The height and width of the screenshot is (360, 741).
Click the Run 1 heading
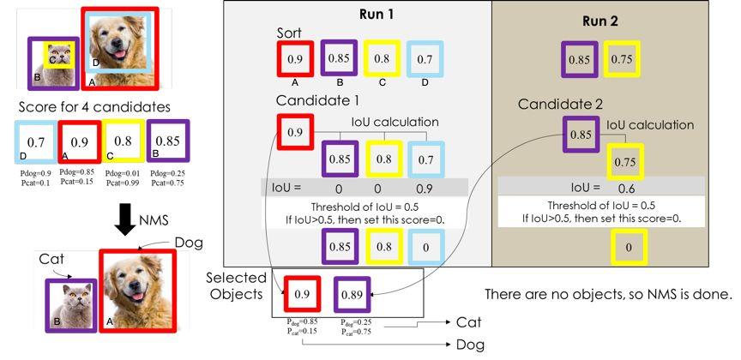377,15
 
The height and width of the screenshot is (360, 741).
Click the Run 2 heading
600,21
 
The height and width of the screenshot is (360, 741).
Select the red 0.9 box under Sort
295,58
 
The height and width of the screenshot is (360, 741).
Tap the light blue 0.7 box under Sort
425,58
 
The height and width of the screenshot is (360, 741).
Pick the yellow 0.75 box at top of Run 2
622,59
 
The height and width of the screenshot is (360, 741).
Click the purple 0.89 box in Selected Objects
352,295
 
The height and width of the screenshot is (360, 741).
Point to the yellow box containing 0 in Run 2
629,247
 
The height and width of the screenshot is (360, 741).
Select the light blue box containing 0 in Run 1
425,247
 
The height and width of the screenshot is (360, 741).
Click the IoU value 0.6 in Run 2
627,189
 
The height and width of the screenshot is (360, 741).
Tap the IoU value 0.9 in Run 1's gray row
425,189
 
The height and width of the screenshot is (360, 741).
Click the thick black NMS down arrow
125,219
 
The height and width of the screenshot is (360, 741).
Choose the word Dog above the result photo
189,243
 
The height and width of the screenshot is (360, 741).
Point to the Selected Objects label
237,285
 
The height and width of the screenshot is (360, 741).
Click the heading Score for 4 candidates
94,107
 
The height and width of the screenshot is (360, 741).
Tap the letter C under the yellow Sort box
383,82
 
